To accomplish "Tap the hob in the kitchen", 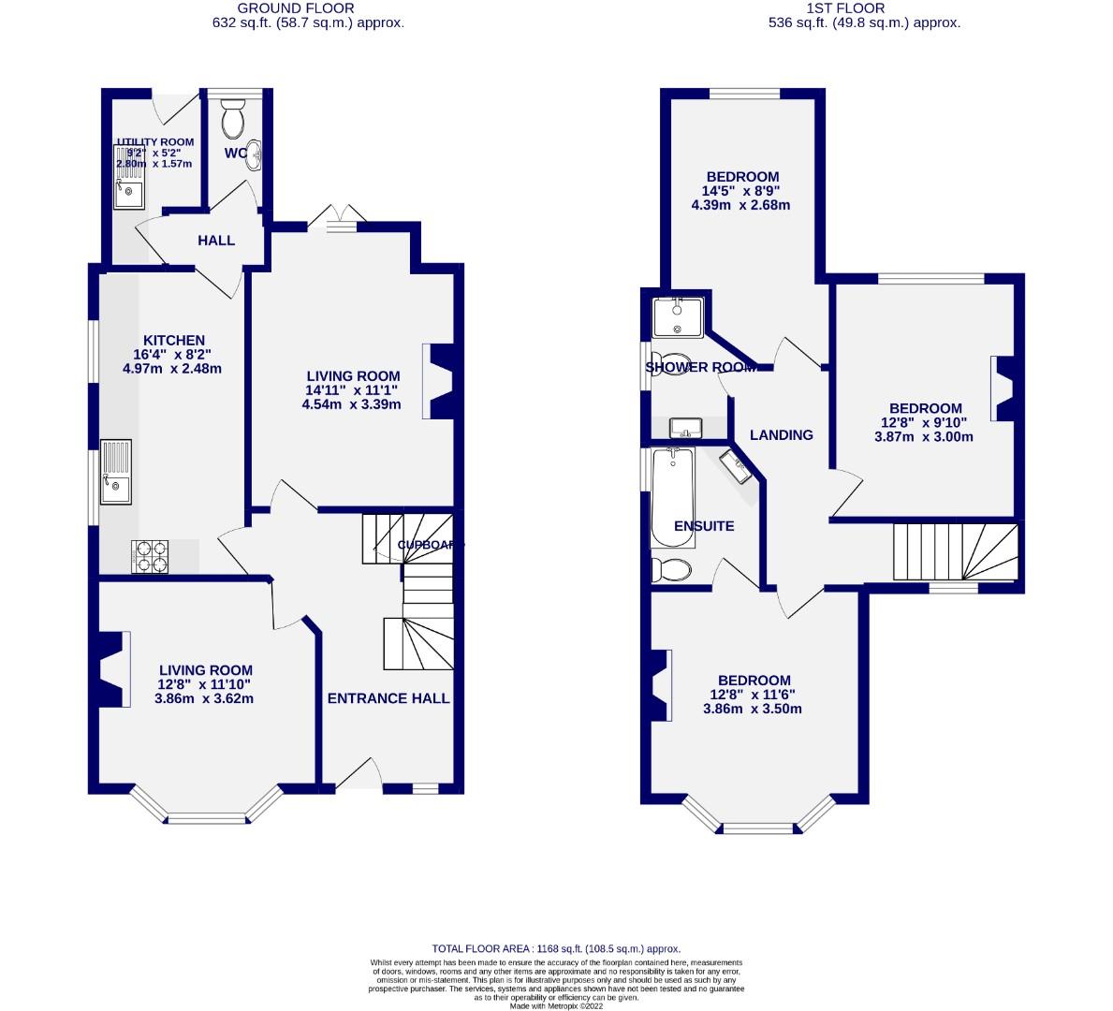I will click(x=153, y=557).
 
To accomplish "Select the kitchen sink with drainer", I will click(x=118, y=473).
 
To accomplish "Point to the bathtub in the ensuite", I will click(x=672, y=496).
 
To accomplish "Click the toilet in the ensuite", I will click(x=671, y=569).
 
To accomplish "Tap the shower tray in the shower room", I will click(x=678, y=316).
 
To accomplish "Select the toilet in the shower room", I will click(x=670, y=363).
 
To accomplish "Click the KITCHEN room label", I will click(x=173, y=341).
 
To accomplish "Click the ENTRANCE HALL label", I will click(x=388, y=698).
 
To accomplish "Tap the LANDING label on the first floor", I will click(x=782, y=434).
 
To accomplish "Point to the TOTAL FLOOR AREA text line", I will click(x=555, y=948).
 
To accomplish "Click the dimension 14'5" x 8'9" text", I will click(x=741, y=191).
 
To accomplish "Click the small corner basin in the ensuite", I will click(x=737, y=465).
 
